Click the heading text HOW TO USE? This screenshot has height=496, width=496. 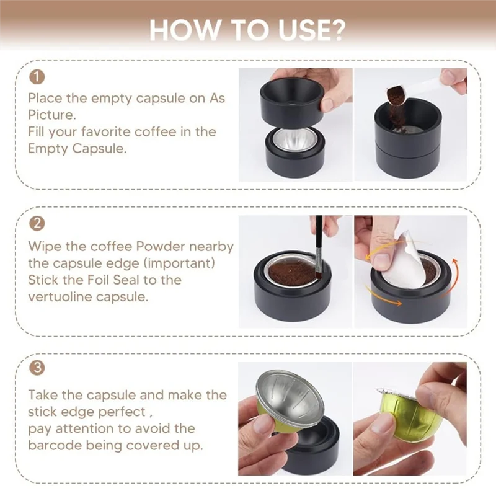coord(248,29)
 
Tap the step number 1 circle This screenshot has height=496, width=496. coord(37,77)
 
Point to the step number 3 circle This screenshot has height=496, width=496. coord(37,368)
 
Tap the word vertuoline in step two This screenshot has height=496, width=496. coord(60,296)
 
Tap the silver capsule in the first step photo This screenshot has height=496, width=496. coord(297,140)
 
